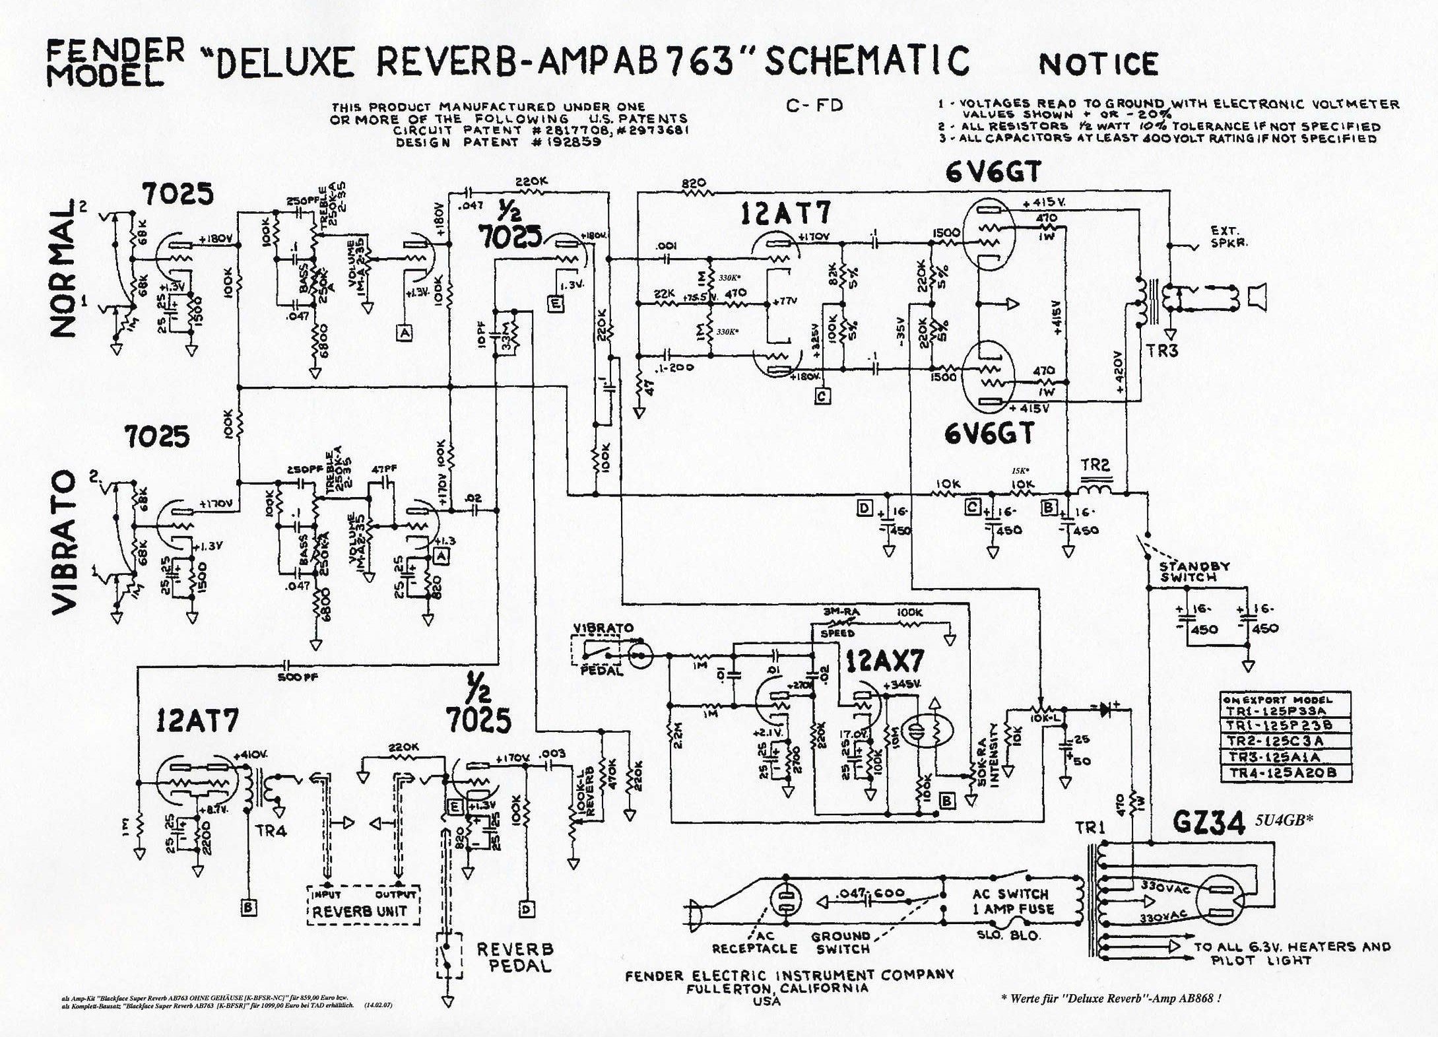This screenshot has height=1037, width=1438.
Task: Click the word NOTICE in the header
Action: [1098, 64]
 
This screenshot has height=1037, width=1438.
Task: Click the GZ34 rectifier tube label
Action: [1208, 823]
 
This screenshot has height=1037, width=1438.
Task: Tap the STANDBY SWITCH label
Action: [1194, 572]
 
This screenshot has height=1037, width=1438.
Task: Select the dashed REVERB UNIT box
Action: [364, 904]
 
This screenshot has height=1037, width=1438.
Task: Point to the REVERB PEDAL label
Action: [515, 957]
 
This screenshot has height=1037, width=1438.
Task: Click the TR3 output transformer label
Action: [1162, 351]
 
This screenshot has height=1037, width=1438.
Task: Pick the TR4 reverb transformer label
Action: [271, 830]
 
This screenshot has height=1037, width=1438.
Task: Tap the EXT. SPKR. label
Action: [1229, 236]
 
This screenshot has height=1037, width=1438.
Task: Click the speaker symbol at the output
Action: [1257, 298]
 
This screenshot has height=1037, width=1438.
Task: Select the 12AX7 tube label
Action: [884, 661]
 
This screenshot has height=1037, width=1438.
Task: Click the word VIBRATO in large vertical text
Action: [65, 541]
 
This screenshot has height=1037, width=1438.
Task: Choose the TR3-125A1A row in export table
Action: [1273, 757]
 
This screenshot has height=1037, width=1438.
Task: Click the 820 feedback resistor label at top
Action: [694, 183]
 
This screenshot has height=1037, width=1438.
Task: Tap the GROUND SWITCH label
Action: [841, 942]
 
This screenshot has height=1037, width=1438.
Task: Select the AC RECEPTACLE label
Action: [755, 942]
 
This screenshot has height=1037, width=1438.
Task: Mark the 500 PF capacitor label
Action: [298, 677]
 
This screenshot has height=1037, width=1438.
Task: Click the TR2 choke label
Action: [1095, 465]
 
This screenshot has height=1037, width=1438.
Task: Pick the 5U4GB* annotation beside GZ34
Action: [1284, 820]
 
